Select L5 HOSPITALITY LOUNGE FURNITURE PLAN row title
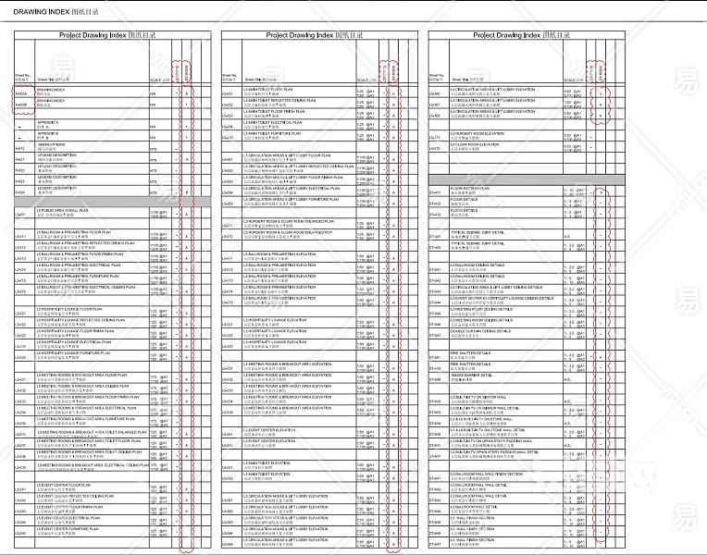tap(73, 353)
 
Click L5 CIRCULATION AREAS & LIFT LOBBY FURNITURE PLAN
tap(287, 199)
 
